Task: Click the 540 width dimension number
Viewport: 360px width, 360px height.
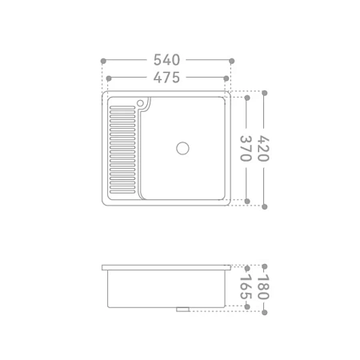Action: pos(166,60)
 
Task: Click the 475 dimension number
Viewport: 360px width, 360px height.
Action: pos(166,78)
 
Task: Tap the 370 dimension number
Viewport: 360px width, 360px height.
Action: pos(246,149)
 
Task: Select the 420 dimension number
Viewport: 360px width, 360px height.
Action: pos(263,149)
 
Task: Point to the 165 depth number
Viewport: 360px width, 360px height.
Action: pos(246,286)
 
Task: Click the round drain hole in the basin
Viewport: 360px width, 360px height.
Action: pos(182,148)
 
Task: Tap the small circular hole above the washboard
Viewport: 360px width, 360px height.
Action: pos(140,103)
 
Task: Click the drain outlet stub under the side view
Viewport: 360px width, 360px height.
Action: pos(182,310)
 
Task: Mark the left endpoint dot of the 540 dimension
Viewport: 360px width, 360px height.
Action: pos(103,61)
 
